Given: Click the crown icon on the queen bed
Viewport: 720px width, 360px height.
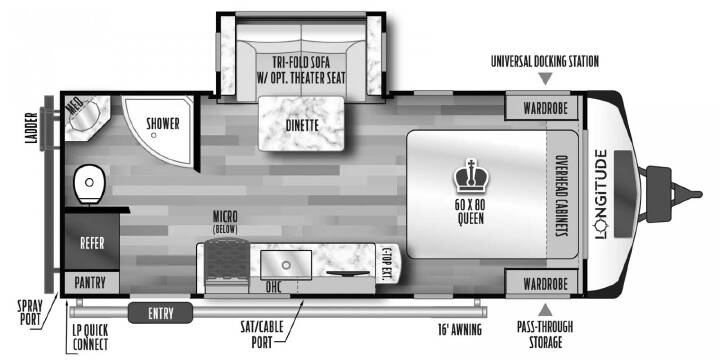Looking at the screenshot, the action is [x=471, y=175].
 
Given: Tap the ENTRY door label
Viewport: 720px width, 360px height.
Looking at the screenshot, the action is [x=160, y=313].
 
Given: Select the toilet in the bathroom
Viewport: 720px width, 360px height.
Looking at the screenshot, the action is [x=89, y=184].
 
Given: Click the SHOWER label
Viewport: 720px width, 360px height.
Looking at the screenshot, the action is [x=163, y=124].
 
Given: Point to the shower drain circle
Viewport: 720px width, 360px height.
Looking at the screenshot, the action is [x=153, y=135].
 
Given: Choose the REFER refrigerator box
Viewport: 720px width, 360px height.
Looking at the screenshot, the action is [x=92, y=242].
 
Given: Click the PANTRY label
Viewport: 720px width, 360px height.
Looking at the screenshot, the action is [x=90, y=282].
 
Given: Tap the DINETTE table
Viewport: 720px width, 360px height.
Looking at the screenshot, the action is [x=301, y=124].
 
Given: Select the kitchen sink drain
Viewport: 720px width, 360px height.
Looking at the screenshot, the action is [x=286, y=265].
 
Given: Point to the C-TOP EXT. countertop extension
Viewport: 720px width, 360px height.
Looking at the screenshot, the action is [x=389, y=263].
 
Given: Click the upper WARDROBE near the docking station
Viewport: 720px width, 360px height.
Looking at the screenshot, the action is [x=544, y=108].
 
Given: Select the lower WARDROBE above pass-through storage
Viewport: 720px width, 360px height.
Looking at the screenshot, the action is [x=544, y=283].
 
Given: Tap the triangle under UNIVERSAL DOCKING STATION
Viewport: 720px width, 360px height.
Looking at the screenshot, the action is [x=545, y=79].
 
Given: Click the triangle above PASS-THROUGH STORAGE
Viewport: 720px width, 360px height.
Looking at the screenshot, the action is [x=545, y=310].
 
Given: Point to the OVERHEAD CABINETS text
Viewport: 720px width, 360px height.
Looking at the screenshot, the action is [x=560, y=194].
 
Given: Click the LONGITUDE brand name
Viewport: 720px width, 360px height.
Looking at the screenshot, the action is [x=602, y=194].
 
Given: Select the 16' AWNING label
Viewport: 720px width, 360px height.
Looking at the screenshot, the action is [x=459, y=329].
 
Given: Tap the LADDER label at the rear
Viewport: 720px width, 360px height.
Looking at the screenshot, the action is [x=31, y=128].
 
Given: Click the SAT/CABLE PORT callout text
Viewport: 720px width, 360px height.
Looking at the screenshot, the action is [x=262, y=334].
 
